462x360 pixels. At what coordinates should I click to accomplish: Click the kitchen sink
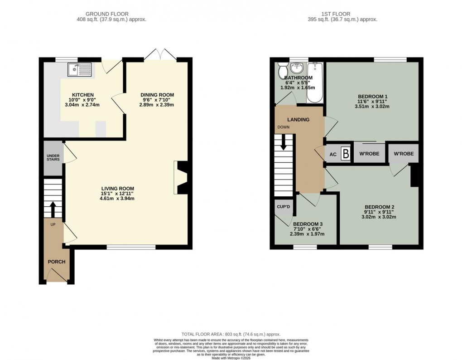point(79,69)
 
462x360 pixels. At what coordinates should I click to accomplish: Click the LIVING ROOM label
point(117,188)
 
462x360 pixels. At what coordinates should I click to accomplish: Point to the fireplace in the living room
point(181,178)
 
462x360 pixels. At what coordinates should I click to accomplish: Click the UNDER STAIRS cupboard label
point(53,157)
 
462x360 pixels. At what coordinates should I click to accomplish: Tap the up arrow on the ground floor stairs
point(53,209)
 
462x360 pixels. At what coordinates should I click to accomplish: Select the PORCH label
point(57,262)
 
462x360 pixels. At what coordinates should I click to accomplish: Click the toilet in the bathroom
point(282,70)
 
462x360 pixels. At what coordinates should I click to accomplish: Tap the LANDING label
point(298,120)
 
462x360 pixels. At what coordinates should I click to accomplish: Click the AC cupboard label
point(333,155)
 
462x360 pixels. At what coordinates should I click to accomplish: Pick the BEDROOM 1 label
point(373,97)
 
